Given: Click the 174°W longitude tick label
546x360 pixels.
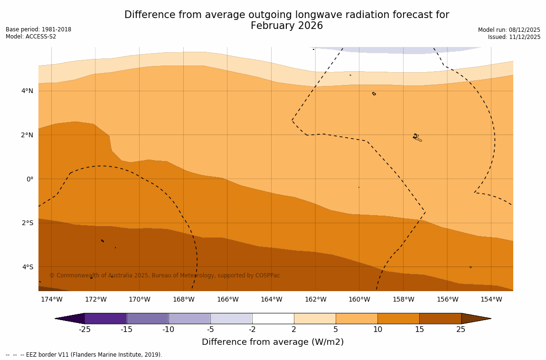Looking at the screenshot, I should [51, 299].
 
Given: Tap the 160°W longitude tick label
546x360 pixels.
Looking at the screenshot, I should [359, 299].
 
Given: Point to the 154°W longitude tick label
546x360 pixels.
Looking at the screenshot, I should [491, 299].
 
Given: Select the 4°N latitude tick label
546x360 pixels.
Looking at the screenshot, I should [28, 91].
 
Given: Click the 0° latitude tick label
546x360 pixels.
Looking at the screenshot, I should [30, 179].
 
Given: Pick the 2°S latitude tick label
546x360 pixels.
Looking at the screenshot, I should [28, 223].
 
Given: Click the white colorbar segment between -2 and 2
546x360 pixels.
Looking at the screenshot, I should [273, 318].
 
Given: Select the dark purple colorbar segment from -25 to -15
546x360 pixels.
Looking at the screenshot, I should [105, 318].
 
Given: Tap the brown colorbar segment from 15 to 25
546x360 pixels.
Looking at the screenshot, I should [440, 318].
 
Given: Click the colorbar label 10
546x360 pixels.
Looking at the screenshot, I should [377, 330].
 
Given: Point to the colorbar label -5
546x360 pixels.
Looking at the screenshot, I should [210, 330].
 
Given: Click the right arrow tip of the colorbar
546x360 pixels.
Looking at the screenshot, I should [489, 318].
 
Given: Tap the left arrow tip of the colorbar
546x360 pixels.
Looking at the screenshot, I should [57, 318].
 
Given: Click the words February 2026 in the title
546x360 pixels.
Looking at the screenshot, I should [287, 26].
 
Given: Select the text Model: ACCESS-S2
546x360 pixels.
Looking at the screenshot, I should [31, 37].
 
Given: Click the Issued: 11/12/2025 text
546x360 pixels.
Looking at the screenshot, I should [514, 37].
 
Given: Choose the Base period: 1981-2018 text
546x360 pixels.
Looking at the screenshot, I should [38, 29].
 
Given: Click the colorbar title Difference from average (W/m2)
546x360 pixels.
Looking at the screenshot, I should [273, 342].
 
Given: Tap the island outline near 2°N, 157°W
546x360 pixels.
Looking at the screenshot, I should [416, 137].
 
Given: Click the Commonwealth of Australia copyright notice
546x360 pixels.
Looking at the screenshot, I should [165, 275].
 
